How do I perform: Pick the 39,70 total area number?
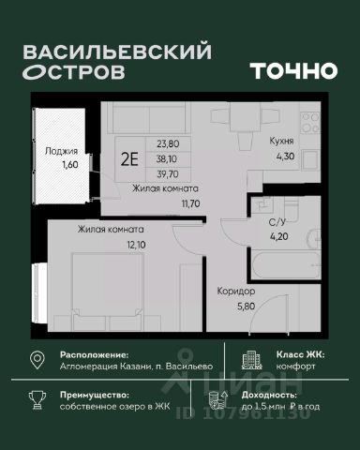point(170,172)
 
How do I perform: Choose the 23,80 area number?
point(169,144)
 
